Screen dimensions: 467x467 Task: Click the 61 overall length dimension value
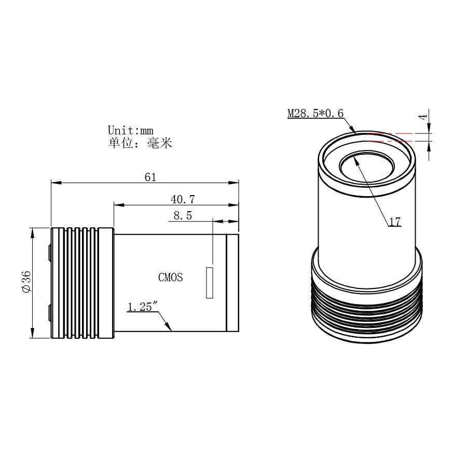click(150, 177)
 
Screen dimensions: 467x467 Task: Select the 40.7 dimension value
click(183, 199)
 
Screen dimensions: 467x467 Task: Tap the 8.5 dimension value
click(183, 215)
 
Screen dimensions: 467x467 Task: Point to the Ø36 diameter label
click(26, 281)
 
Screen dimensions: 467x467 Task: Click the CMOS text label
click(170, 277)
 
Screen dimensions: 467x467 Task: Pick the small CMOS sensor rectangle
click(210, 283)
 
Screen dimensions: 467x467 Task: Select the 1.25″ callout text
click(142, 307)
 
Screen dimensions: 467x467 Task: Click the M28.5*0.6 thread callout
click(315, 113)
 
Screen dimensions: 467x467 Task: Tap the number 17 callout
click(395, 222)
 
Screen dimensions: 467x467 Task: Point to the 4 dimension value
click(423, 117)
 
